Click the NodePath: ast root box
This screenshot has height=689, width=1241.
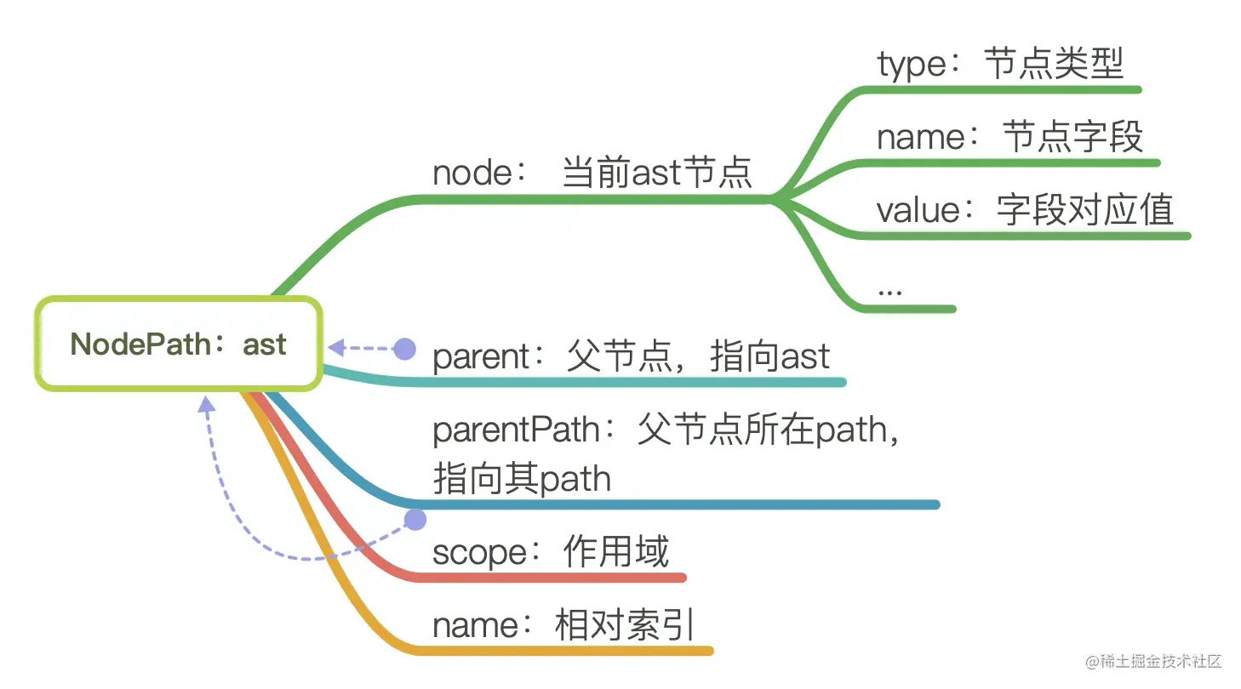pos(178,344)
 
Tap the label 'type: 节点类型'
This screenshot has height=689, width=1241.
pos(1000,64)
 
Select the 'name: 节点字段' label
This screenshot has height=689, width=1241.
pos(1009,137)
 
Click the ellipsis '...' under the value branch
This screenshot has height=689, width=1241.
pos(889,288)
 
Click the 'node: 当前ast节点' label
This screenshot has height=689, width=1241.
pos(592,174)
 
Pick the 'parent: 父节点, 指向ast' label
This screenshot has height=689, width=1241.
pos(631,356)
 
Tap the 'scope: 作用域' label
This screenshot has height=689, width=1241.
pos(550,552)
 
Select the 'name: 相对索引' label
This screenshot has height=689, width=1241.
pos(563,626)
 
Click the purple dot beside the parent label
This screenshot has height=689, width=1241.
pos(405,347)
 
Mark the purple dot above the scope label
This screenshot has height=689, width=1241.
pos(415,520)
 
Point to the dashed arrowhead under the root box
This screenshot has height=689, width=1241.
pos(205,405)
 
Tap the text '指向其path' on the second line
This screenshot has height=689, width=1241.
pos(522,479)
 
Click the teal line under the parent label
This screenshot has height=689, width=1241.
pos(596,382)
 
